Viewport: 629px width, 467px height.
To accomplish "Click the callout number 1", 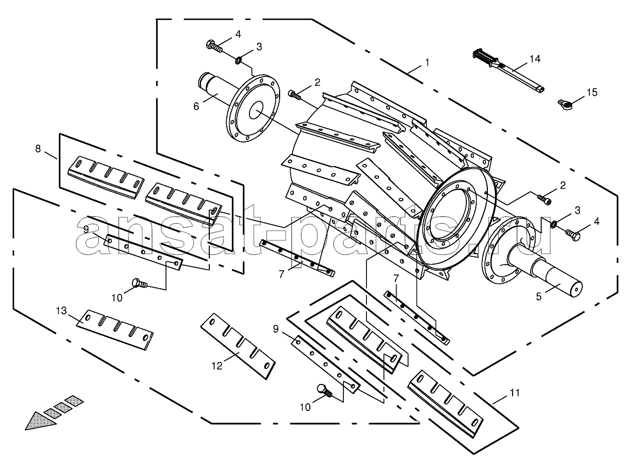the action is (427, 62).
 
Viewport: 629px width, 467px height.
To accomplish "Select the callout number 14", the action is (535, 59).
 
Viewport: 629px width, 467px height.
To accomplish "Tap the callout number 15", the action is (592, 92).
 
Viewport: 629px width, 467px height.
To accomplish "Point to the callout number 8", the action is (38, 149).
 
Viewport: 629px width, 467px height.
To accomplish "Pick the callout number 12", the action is (217, 366).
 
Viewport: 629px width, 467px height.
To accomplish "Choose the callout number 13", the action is (61, 310).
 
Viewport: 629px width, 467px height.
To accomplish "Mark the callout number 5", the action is (539, 296).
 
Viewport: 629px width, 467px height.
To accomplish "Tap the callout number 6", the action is (196, 106).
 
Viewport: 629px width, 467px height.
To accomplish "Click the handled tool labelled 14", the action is (508, 70).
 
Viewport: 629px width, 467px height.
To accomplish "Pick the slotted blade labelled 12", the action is (238, 346).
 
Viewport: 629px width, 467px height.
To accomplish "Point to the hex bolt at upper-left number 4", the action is (214, 46).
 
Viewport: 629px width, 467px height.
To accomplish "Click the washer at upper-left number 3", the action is (238, 61).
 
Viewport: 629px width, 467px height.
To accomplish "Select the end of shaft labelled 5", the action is (576, 290).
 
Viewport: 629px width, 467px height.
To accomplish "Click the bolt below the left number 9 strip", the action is (140, 283).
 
